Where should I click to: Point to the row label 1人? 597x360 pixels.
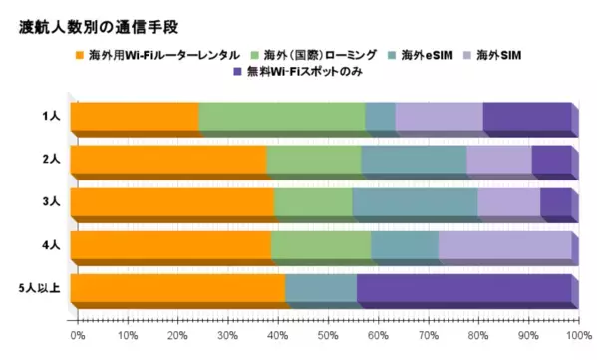click(x=52, y=118)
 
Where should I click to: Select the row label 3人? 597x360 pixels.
click(x=52, y=203)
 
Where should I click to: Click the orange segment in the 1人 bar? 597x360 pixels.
click(x=134, y=119)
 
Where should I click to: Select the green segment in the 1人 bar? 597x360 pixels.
click(x=282, y=119)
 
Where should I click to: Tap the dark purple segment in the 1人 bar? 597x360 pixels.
click(x=527, y=119)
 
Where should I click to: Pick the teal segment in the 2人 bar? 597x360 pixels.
click(x=414, y=162)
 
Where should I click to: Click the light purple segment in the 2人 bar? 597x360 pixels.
click(x=498, y=162)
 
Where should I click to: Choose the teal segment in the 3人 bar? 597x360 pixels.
click(x=415, y=204)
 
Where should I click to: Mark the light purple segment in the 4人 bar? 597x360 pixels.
click(x=504, y=247)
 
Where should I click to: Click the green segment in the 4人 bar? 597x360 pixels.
click(x=321, y=247)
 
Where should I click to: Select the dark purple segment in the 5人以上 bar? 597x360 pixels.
click(x=463, y=290)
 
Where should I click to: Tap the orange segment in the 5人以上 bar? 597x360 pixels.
click(x=176, y=290)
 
